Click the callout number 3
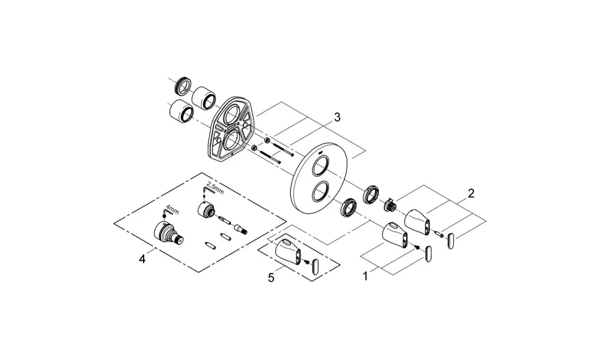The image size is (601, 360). tap(337, 117)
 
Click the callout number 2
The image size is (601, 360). tap(471, 194)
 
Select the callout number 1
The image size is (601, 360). tap(365, 276)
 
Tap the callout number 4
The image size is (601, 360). tap(142, 260)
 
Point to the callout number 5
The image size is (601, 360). tap(272, 278)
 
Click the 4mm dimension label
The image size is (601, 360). tap(172, 211)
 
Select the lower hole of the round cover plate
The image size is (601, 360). tap(320, 192)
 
